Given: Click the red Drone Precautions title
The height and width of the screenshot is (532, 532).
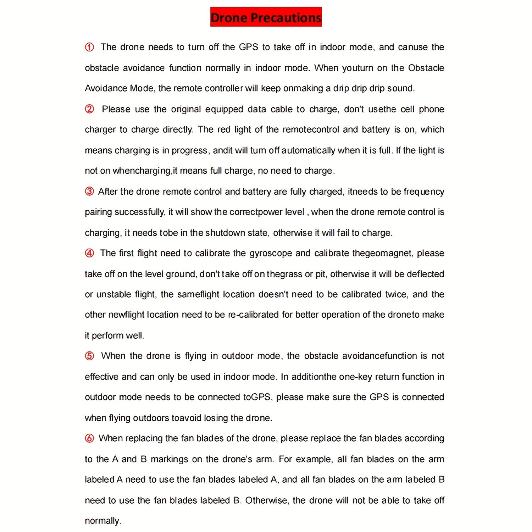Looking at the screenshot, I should point(266,17).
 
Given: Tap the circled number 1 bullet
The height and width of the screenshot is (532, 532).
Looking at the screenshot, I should point(89,47).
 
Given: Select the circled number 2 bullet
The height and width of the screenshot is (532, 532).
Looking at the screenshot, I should point(89,109).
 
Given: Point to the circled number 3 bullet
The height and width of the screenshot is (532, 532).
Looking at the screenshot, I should point(89,192).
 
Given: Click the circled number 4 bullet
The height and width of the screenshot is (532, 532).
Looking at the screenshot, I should point(89,253).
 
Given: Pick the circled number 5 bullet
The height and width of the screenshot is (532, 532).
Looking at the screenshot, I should point(89,356).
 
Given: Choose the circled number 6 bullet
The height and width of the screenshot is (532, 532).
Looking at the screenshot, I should point(89,438).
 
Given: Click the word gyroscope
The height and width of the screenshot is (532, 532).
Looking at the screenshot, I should point(270,253).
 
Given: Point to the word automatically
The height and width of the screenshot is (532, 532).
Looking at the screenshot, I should point(308,150).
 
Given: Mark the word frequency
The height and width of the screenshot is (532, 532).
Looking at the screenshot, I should point(424,192).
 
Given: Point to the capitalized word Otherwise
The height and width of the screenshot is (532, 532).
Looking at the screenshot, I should point(267,500).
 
